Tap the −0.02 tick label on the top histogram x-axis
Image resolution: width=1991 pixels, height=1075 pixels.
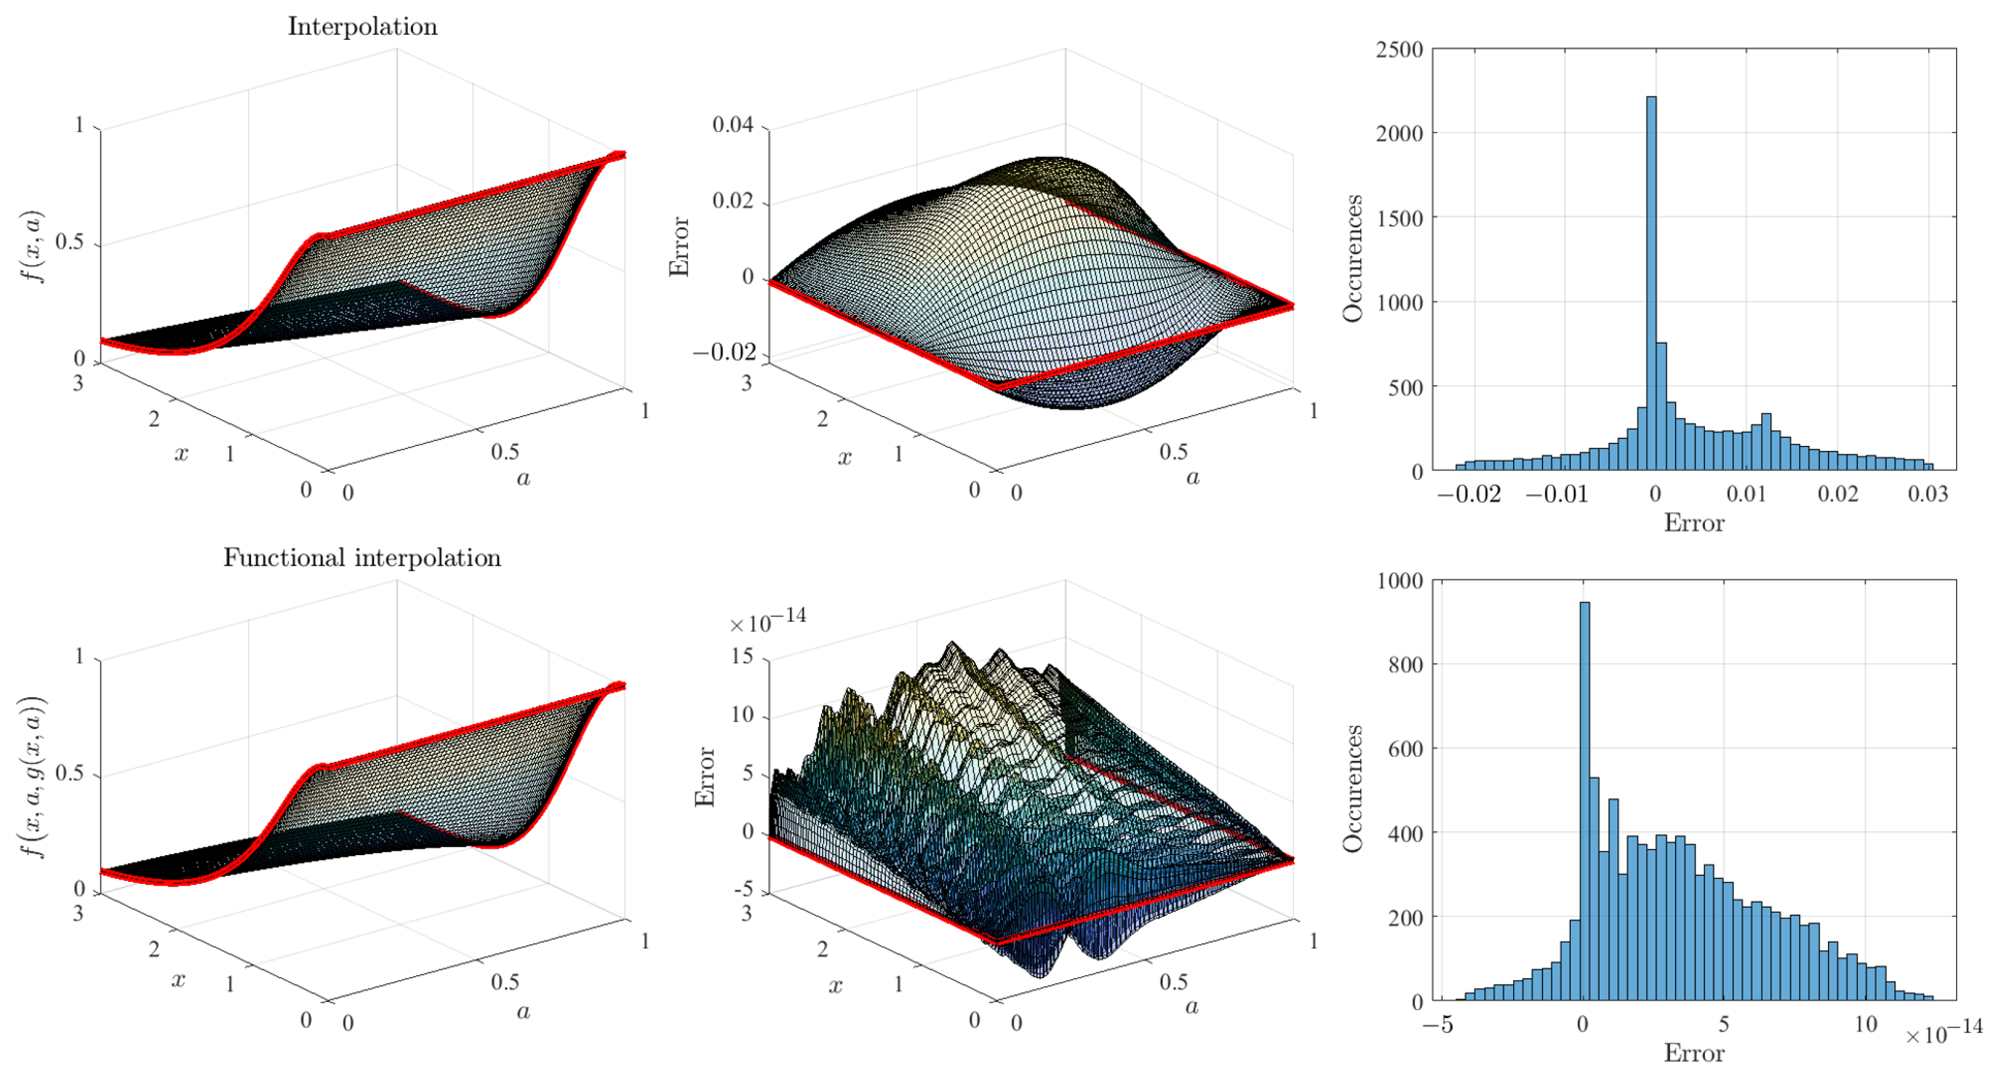click(1468, 494)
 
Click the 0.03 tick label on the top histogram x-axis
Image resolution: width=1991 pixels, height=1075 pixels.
click(1928, 494)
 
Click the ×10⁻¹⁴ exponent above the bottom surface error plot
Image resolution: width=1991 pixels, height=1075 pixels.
click(768, 620)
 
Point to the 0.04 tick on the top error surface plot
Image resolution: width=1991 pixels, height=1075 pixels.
click(732, 124)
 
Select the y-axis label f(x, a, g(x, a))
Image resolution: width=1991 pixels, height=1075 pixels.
click(32, 776)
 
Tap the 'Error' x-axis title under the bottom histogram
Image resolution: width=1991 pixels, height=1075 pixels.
click(1693, 1054)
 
